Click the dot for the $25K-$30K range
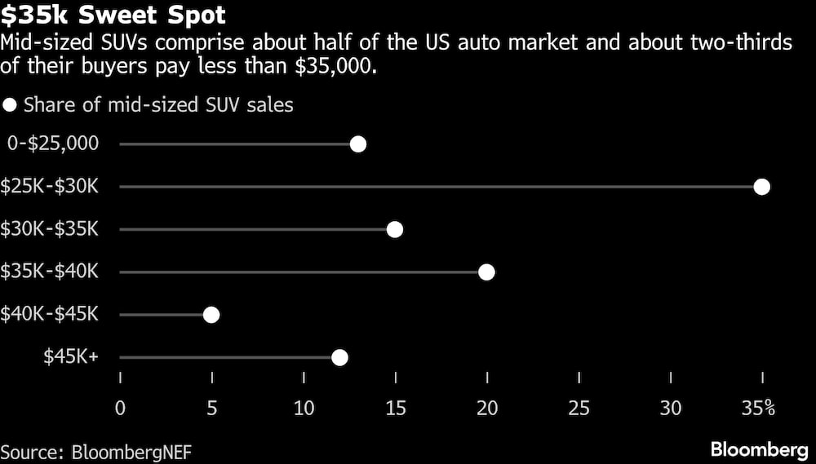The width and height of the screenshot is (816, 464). coord(762,187)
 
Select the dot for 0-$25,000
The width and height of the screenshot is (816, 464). coord(357,144)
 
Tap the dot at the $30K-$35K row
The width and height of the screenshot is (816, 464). coord(395,229)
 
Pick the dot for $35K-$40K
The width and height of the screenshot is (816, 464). coord(486,272)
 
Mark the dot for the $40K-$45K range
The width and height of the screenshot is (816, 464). coord(211,314)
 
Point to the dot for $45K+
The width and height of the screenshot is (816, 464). coord(339,357)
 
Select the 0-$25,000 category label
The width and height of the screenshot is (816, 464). coord(53,144)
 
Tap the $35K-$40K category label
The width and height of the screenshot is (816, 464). coord(51,272)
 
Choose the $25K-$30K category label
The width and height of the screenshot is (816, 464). coord(51,187)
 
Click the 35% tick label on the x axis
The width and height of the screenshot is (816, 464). coord(758,408)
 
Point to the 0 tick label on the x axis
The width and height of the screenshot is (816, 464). coord(121,408)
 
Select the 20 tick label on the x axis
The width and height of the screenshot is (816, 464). coord(487,408)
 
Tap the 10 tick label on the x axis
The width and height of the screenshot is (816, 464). coord(304,408)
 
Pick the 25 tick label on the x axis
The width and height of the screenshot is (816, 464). coord(579,408)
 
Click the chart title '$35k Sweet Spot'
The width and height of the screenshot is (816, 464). coord(113,15)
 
